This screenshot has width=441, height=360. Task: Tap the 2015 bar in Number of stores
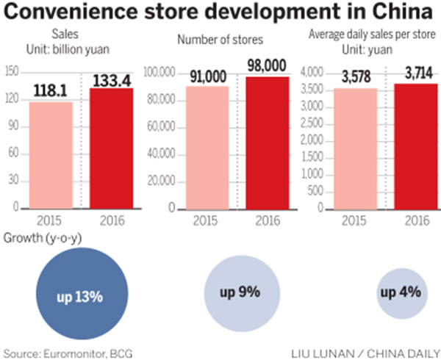click(x=207, y=147)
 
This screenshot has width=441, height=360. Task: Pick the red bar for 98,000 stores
click(x=267, y=143)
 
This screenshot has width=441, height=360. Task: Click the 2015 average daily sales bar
click(x=355, y=148)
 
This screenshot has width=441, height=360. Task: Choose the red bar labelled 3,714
click(x=417, y=146)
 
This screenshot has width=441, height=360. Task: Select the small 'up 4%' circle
click(x=400, y=293)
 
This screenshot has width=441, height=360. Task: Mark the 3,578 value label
click(x=355, y=79)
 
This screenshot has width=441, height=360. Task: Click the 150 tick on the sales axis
click(x=11, y=71)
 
